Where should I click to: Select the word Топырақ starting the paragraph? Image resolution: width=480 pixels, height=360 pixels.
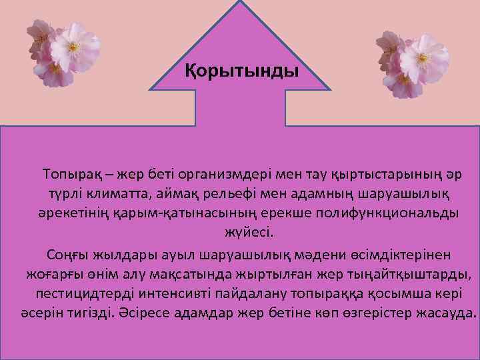click(x=74, y=175)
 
